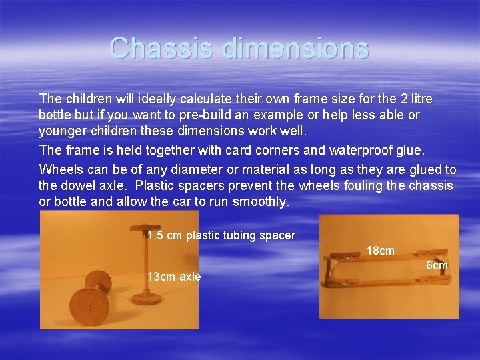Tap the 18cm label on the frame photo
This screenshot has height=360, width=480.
pos(381,251)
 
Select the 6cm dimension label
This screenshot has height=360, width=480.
pos(437,266)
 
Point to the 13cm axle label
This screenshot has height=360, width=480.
pos(174,277)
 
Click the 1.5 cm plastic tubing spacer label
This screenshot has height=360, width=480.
pos(221,235)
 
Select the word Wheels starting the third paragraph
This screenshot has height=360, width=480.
pos(59,170)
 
